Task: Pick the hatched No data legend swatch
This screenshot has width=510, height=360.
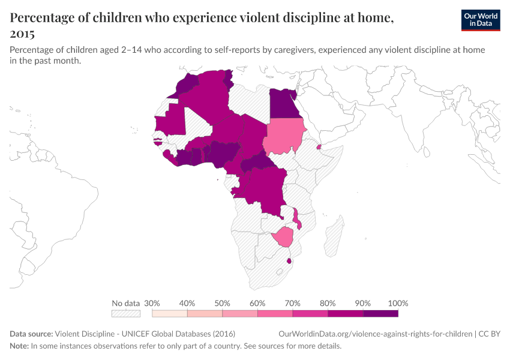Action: click(126, 313)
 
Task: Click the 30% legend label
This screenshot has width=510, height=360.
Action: click(152, 303)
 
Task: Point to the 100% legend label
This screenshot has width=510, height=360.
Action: click(398, 303)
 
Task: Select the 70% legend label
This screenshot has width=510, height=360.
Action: click(292, 303)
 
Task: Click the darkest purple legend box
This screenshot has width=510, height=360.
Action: click(380, 313)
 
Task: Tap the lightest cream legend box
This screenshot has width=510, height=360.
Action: click(169, 313)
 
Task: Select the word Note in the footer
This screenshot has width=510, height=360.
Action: click(19, 346)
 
